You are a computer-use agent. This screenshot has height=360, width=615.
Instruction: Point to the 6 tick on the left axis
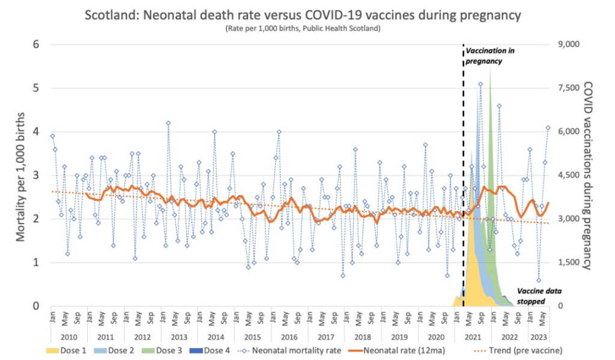click(35, 44)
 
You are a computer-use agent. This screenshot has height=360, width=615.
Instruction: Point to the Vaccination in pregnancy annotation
click(490, 56)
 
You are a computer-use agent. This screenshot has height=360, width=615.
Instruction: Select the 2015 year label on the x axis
click(252, 337)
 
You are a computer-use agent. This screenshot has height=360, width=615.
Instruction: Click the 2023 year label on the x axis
click(538, 337)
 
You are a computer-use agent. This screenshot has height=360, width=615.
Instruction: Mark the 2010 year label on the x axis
click(68, 337)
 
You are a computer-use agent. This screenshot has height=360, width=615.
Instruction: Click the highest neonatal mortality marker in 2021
click(480, 84)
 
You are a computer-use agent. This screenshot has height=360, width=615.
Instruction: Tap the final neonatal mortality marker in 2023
click(548, 127)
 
